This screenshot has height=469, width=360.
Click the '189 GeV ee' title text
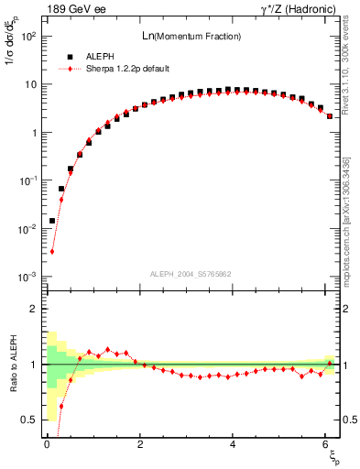pos(73,9)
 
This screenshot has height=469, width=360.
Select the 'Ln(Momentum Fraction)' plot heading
pos(183,36)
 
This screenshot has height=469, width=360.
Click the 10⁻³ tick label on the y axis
pos(27,277)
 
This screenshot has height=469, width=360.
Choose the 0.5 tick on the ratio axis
pos(29,420)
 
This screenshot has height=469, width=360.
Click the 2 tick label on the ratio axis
pos(35,309)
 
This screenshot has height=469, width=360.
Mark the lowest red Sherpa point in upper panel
pos(52,251)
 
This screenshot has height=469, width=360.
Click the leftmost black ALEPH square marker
pos(52,221)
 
